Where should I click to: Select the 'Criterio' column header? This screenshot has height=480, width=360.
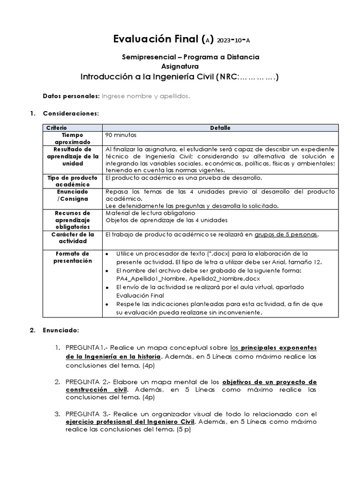click(57, 127)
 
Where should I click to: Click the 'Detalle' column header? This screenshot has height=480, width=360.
click(220, 127)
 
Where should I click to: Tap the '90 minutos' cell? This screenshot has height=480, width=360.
click(121, 135)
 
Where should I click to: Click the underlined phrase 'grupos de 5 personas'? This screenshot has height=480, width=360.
click(286, 234)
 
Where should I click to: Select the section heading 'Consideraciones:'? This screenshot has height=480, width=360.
click(71, 113)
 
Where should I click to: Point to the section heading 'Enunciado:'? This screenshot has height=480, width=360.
click(61, 330)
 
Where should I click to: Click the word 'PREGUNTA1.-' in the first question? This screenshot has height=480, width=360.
click(85, 348)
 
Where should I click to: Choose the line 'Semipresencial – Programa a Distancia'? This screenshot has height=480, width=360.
click(190, 57)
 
